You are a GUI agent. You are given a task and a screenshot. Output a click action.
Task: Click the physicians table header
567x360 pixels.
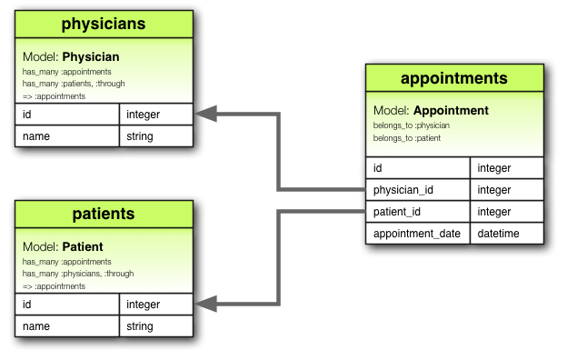104,25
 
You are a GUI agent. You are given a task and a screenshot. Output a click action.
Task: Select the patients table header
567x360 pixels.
104,215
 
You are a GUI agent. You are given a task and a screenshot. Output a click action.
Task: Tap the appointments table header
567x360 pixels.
454,77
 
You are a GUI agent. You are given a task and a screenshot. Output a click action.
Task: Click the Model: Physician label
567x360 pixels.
71,56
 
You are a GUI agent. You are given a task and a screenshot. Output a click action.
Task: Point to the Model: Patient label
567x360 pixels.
63,246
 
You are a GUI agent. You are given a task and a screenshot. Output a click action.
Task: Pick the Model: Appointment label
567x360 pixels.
431,111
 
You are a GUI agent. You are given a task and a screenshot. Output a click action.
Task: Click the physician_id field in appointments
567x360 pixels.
406,190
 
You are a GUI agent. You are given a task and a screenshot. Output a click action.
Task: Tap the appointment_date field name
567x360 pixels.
417,234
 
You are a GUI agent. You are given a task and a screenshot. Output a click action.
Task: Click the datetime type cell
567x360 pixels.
499,234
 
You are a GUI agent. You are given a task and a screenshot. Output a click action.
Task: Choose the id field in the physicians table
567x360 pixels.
28,115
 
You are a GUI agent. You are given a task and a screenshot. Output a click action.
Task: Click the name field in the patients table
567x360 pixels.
35,326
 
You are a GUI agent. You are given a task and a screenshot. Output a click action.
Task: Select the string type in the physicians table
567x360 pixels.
140,136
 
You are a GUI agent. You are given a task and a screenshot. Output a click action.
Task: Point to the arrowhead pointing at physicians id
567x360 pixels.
206,114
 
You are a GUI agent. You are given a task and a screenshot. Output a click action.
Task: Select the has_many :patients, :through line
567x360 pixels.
74,84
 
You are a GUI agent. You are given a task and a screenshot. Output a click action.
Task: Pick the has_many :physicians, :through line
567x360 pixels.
78,274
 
